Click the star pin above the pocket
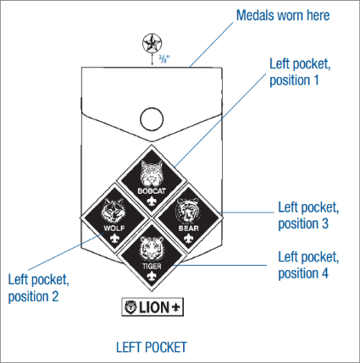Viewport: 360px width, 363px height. click(x=152, y=43)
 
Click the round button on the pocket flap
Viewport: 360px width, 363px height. click(x=152, y=119)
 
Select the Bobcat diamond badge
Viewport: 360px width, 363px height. click(x=152, y=180)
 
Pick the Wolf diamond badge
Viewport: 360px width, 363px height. click(x=114, y=218)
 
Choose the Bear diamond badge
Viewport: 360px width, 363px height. click(x=189, y=218)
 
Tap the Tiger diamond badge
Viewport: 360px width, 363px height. click(x=152, y=256)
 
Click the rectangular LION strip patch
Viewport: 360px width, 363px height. click(x=152, y=307)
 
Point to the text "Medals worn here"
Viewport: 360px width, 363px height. click(x=283, y=15)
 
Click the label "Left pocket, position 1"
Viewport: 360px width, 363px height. click(x=300, y=72)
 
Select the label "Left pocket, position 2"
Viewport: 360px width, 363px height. click(x=39, y=288)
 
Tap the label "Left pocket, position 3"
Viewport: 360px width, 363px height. click(x=308, y=216)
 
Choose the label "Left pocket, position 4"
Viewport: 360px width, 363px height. click(x=308, y=265)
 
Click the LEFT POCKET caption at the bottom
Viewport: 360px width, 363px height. click(x=152, y=347)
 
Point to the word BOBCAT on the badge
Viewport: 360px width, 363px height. click(x=152, y=191)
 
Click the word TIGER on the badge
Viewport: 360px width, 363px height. click(x=152, y=266)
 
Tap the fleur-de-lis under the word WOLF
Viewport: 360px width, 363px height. click(x=114, y=239)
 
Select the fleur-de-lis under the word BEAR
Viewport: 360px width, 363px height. click(x=189, y=239)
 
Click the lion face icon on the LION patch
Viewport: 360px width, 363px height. click(x=130, y=307)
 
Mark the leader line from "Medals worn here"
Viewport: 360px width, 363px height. click(x=212, y=44)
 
